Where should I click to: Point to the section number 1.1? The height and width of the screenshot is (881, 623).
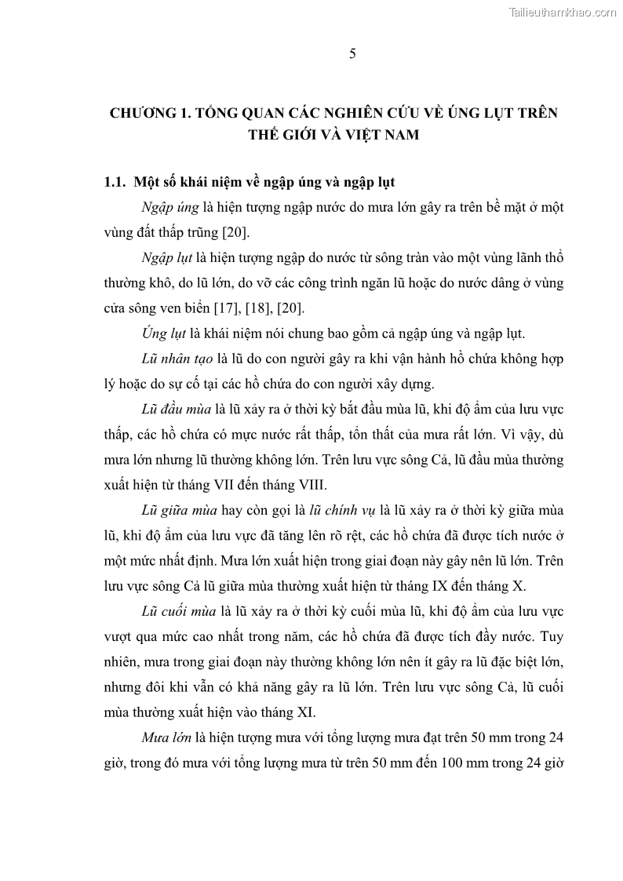pos(115,182)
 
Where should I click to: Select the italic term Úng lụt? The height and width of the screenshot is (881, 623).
pos(162,332)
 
